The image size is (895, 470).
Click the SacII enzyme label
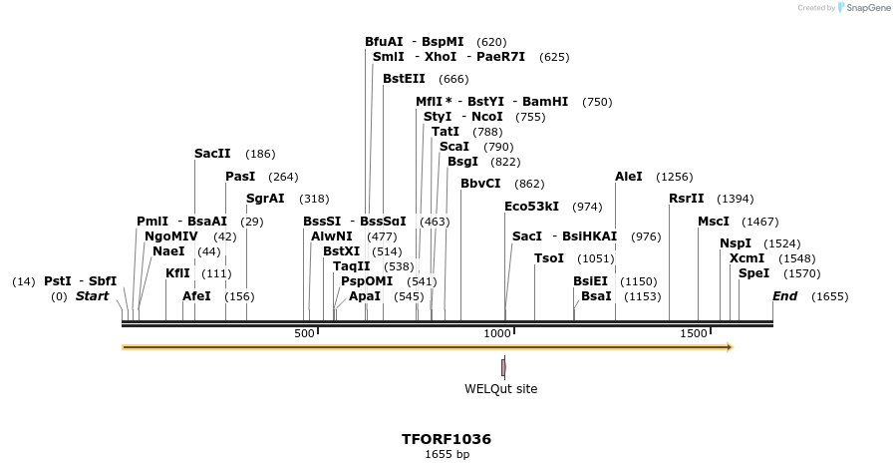click(212, 154)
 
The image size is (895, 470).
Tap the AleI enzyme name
click(629, 177)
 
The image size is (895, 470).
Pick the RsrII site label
click(687, 199)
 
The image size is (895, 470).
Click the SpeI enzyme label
click(753, 273)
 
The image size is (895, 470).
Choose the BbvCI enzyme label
click(480, 184)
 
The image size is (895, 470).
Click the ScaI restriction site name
click(453, 147)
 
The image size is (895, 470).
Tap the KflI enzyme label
click(177, 273)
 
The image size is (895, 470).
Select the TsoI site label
click(549, 258)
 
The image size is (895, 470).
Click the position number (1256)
click(674, 177)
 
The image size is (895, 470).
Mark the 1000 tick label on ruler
click(496, 333)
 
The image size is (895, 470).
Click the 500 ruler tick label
click(305, 333)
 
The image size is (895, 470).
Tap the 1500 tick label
click(694, 333)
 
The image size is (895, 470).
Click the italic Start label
click(93, 296)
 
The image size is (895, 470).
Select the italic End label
click(784, 296)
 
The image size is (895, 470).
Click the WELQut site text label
click(500, 389)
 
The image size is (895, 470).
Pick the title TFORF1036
click(447, 439)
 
